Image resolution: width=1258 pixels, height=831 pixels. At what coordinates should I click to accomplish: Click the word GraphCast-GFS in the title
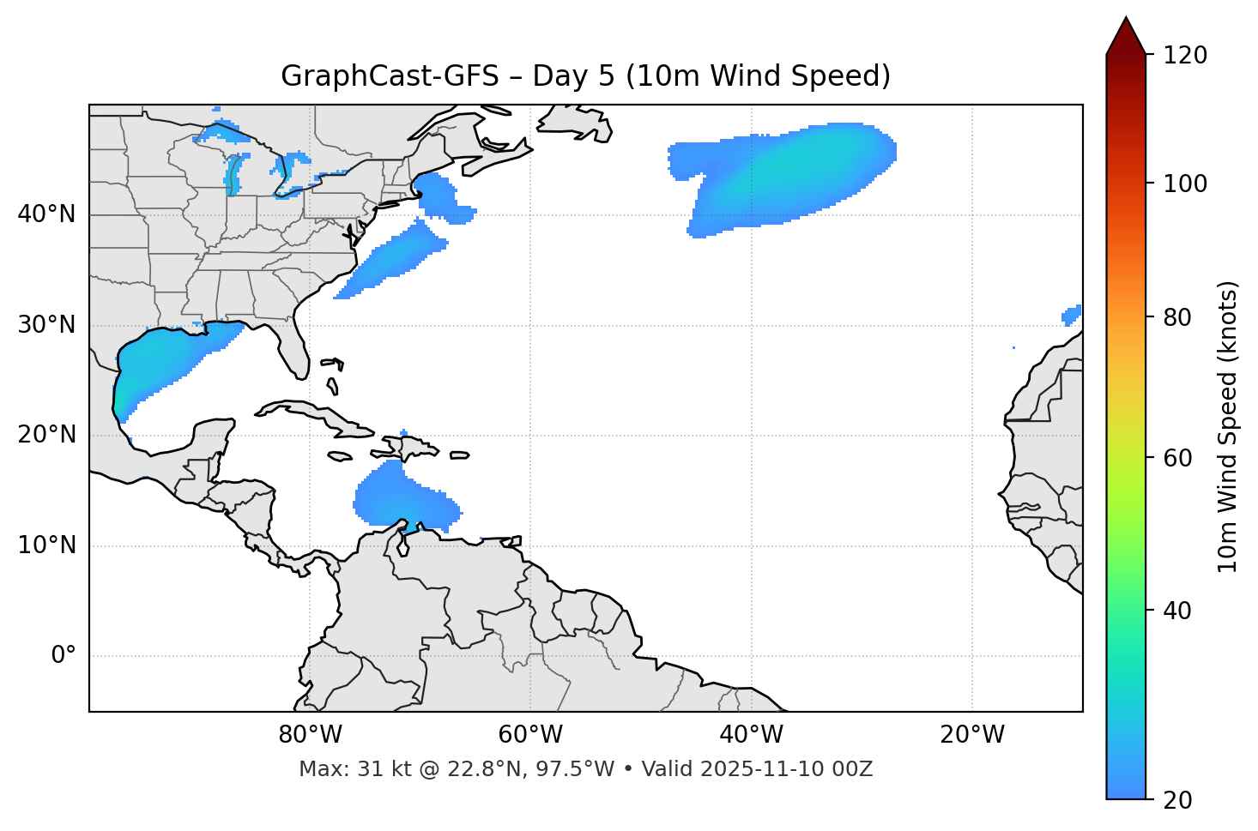(x=390, y=76)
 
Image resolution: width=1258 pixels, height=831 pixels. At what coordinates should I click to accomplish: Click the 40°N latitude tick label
(x=46, y=214)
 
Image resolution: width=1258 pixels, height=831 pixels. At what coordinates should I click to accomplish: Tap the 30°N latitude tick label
(x=46, y=325)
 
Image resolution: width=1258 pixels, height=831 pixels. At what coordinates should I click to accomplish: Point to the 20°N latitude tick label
(x=46, y=435)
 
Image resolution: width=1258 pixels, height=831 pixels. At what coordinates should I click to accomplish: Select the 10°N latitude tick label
(x=46, y=545)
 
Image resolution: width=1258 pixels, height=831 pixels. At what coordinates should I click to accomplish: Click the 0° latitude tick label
(x=64, y=656)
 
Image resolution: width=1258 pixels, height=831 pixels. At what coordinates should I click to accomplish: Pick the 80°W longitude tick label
(x=310, y=735)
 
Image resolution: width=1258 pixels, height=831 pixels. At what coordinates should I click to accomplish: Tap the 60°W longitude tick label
(x=530, y=735)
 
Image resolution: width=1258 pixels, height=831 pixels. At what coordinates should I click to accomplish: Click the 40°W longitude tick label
(x=751, y=735)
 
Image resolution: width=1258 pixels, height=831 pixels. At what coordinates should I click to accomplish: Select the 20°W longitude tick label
(x=972, y=735)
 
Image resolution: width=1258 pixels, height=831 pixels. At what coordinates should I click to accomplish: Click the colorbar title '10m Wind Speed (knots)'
(x=1228, y=426)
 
